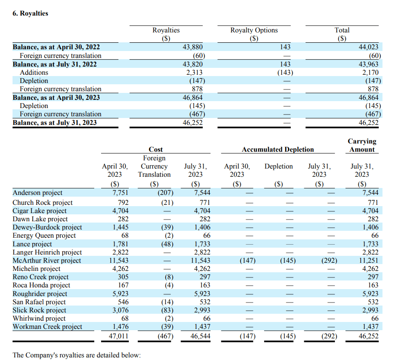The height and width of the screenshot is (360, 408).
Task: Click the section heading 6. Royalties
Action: click(30, 13)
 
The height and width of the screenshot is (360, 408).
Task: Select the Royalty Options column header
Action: click(254, 30)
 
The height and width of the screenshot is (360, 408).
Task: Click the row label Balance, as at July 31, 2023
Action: click(54, 122)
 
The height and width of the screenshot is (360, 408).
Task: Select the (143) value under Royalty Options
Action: click(285, 72)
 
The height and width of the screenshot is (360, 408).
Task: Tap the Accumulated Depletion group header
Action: click(277, 150)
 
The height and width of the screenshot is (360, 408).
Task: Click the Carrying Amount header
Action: click(362, 145)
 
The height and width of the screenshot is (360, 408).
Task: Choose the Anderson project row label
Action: click(38, 193)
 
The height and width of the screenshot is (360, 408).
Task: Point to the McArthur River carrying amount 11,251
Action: click(368, 261)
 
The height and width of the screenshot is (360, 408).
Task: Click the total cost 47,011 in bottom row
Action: click(118, 336)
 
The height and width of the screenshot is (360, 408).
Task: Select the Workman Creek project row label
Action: click(47, 327)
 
